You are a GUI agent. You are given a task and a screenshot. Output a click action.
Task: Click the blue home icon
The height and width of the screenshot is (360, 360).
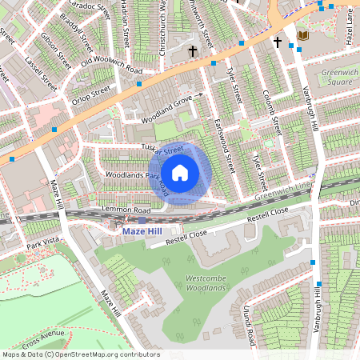tap(180, 172)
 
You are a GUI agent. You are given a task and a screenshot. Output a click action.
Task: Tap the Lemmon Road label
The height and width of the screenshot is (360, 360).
tap(120, 210)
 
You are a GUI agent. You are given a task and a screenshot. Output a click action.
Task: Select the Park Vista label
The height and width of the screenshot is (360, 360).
tap(44, 242)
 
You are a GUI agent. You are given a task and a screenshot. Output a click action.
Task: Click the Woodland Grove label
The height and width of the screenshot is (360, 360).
tap(168, 102)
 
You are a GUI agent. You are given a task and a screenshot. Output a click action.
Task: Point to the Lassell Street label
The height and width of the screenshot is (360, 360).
tap(42, 73)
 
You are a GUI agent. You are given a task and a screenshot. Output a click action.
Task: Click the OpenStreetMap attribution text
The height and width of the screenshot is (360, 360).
tap(81, 354)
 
